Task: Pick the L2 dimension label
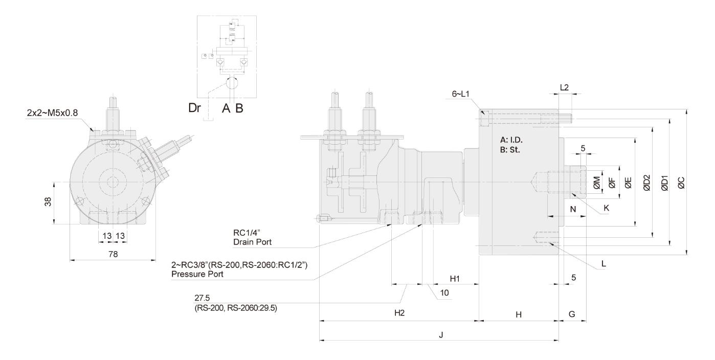pos(565,88)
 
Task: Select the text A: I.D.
pos(512,140)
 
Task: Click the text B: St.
pos(510,150)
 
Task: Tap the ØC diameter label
pos(682,183)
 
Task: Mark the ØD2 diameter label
pos(647,183)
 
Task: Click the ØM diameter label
pos(597,183)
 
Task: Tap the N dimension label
pos(572,209)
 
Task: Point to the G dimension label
pos(572,313)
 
